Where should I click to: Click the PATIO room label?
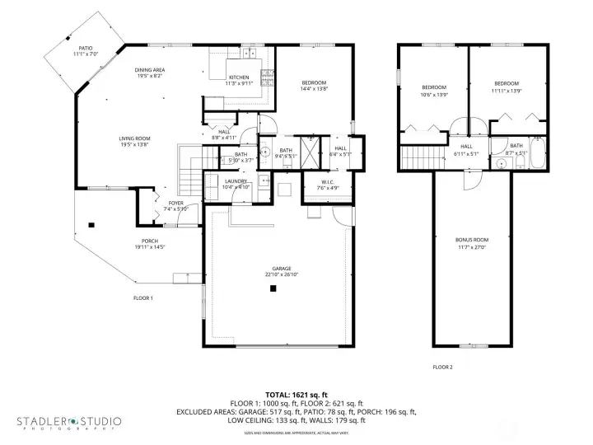(86, 49)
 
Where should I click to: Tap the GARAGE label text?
(274, 269)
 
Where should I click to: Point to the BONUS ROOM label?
(471, 240)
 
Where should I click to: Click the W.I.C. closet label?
(317, 182)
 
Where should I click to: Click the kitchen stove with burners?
(268, 78)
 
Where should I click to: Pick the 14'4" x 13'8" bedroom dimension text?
(314, 89)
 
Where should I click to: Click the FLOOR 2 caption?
(442, 367)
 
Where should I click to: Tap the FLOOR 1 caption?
(143, 297)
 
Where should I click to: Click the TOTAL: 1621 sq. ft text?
(296, 395)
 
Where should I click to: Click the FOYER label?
(176, 203)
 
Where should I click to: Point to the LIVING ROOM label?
(133, 138)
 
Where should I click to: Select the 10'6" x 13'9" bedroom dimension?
(434, 95)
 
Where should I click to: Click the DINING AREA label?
(150, 70)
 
